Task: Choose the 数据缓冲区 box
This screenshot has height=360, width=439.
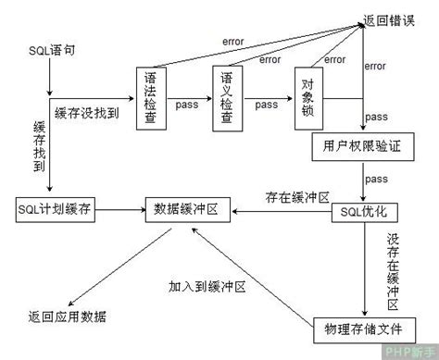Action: (x=185, y=211)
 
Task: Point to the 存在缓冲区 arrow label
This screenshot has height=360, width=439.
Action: (x=298, y=197)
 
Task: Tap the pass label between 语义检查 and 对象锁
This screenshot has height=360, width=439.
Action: (x=268, y=105)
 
